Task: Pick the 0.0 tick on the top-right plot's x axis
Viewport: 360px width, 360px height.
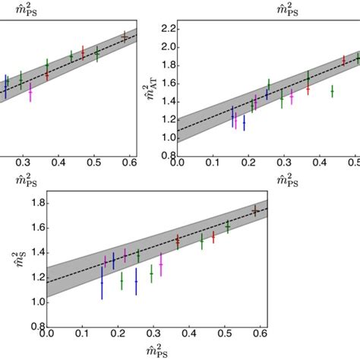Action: [177, 163]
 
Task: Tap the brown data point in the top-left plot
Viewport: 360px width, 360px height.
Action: [125, 36]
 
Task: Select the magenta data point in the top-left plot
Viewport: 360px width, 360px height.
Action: [30, 91]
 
